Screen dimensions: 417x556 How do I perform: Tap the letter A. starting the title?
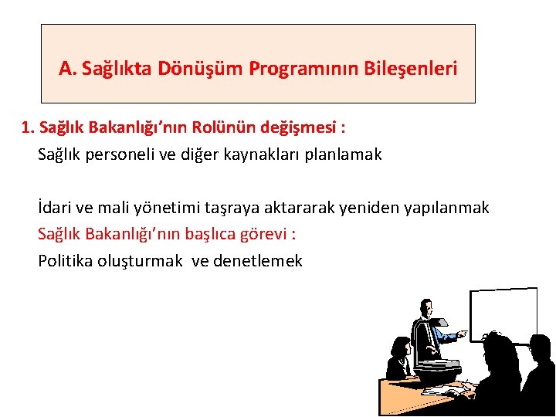point(67,69)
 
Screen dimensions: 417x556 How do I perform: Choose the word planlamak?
point(344,154)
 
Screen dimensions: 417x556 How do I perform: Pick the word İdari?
point(54,208)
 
